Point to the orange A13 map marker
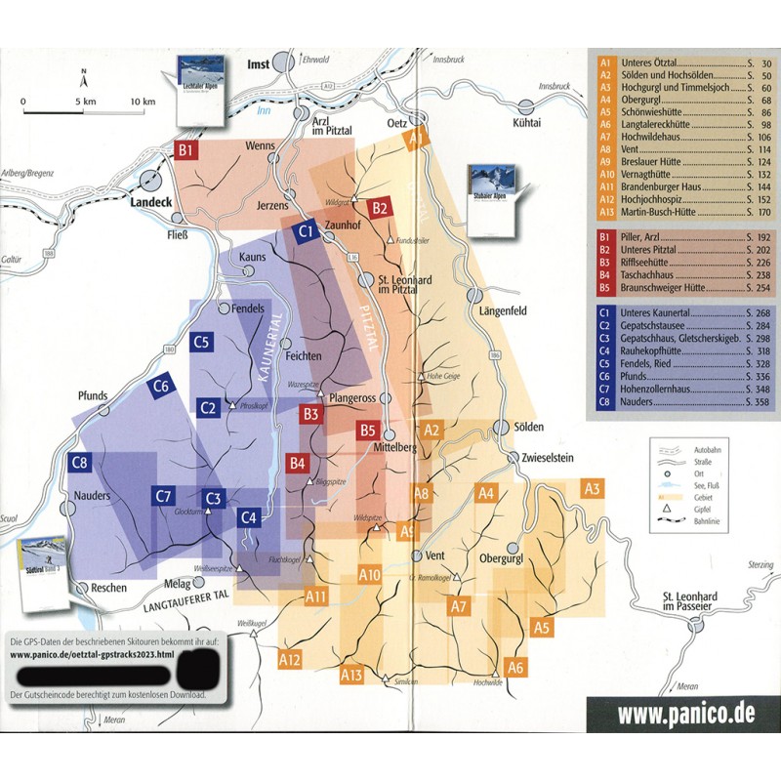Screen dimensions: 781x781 351,674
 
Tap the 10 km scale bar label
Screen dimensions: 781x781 143,102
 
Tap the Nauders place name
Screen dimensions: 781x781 94,495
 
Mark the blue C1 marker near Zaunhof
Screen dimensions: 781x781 304,232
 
